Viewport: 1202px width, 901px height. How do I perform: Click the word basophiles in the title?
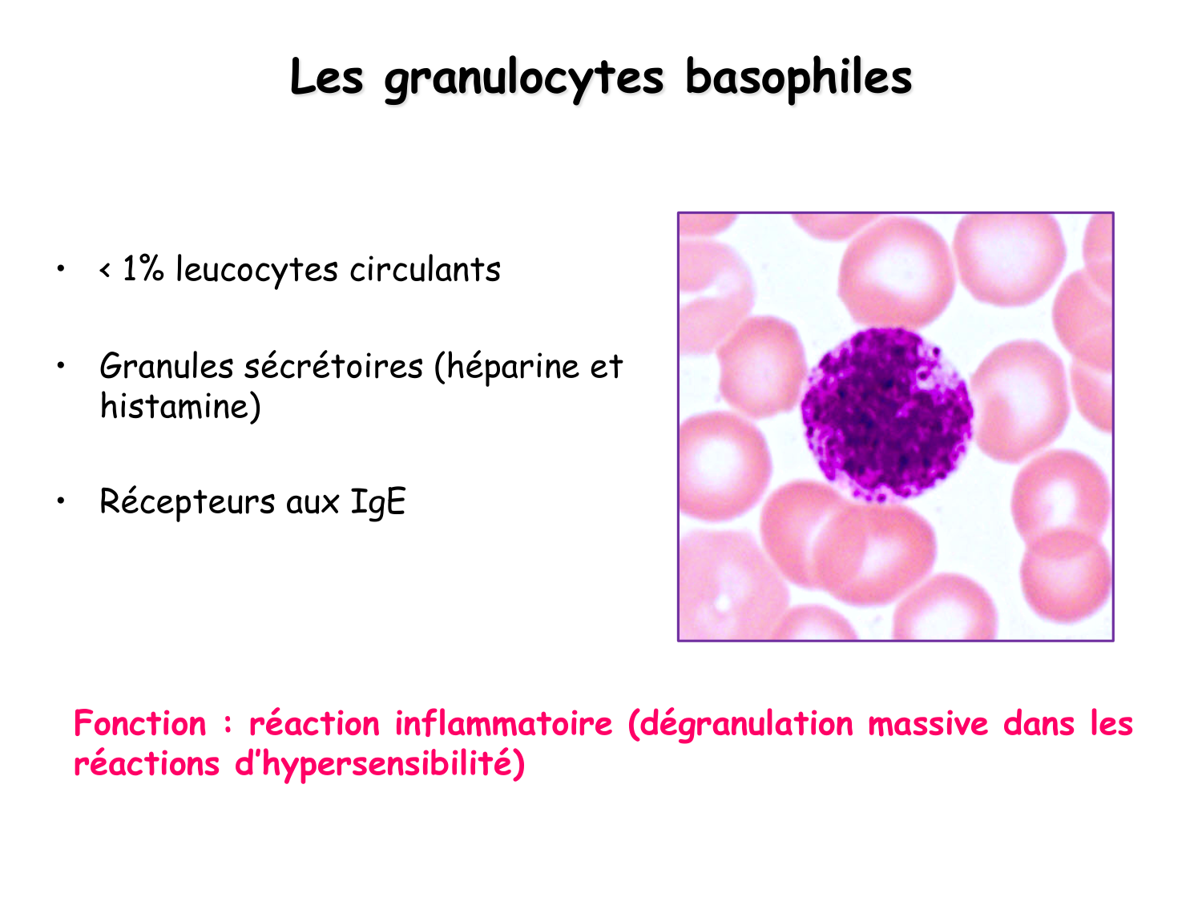coord(798,78)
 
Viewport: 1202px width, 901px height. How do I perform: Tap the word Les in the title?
coord(326,78)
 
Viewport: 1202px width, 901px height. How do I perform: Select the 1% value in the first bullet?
coord(143,269)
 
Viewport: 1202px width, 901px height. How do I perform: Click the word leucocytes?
coord(257,270)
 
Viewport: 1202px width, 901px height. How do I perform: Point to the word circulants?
coord(425,269)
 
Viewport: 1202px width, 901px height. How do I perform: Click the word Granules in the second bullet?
coord(166,366)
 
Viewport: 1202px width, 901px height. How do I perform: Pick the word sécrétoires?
coord(333,366)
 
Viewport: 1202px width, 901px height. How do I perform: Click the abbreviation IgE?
coord(378,503)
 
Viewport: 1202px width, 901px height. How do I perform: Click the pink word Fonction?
coord(140,724)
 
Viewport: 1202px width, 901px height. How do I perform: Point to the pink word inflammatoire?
coord(503,724)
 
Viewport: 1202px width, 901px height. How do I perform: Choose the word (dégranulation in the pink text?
coord(741,724)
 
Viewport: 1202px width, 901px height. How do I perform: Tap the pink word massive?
coord(929,724)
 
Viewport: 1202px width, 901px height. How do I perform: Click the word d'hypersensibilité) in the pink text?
coord(380,764)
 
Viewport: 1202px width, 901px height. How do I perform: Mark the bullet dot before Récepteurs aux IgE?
coord(61,501)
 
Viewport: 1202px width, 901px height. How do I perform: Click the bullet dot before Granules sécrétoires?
coord(61,366)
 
